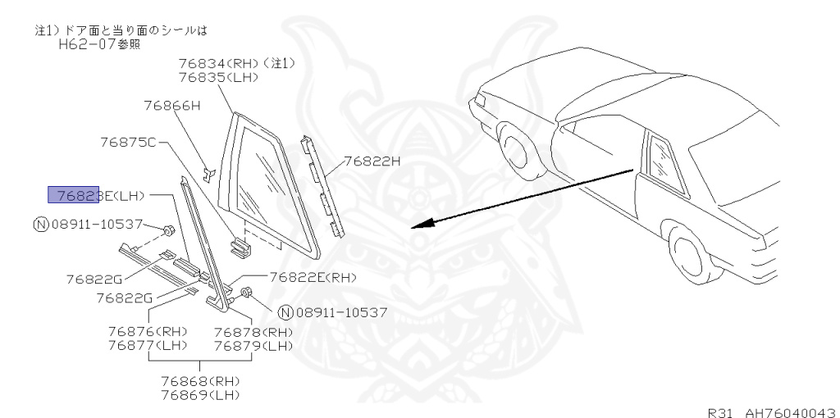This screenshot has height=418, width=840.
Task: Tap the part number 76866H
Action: [171, 105]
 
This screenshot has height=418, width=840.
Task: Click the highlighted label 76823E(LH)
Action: [96, 195]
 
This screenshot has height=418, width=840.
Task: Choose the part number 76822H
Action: [372, 161]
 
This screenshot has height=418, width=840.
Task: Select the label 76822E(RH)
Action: [313, 278]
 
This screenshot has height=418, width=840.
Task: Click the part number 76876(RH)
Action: [148, 331]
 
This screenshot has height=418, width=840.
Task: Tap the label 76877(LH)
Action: [148, 345]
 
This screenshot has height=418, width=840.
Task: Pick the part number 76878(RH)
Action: [253, 331]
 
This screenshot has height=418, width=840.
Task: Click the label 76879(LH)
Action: [253, 345]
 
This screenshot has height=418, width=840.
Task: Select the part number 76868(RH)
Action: [200, 381]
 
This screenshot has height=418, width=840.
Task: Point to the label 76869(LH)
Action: [200, 395]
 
